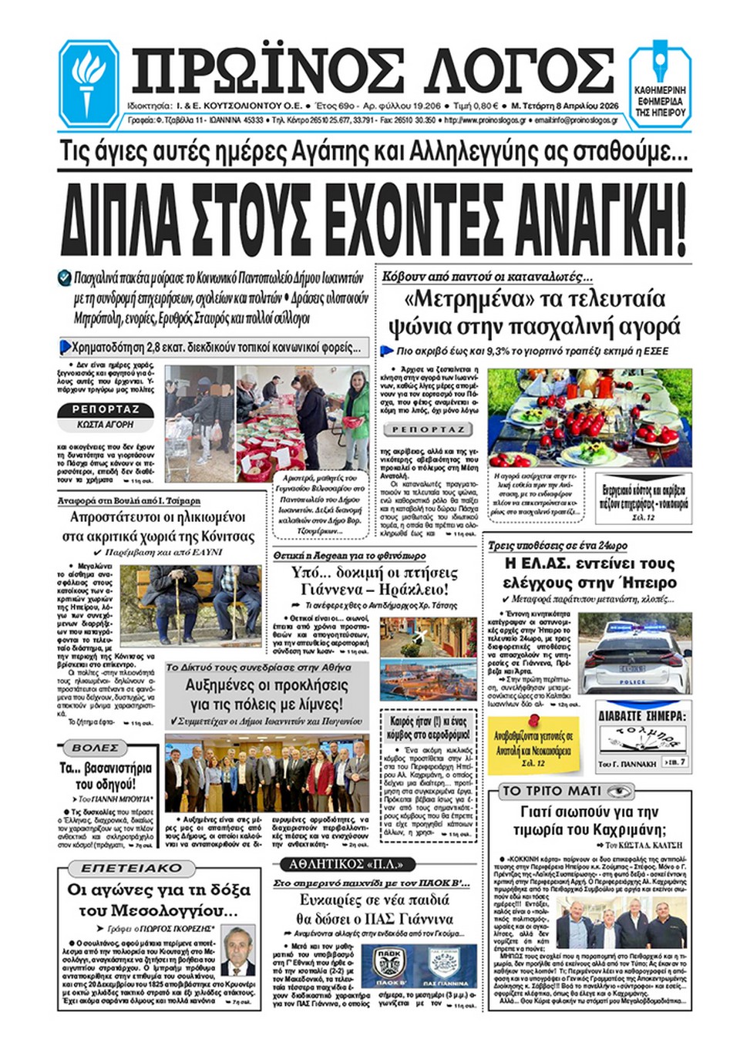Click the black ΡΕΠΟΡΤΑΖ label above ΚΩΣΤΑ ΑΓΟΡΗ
point(106,409)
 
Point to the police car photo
point(634,652)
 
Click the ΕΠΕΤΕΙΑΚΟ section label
point(132,868)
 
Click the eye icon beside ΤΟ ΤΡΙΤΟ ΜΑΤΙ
point(619,791)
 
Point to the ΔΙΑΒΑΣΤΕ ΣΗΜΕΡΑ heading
point(642,715)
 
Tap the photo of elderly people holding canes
point(190,602)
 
